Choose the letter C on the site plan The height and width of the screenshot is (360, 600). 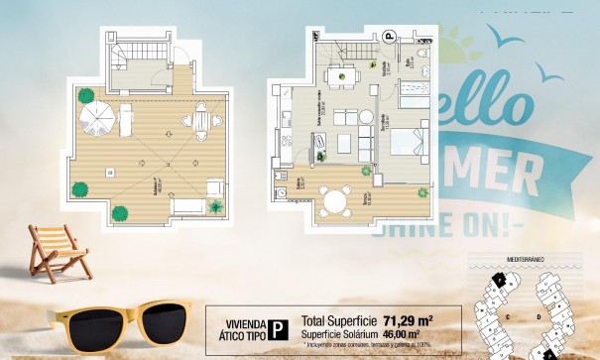(508, 316)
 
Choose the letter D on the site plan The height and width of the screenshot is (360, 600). (537, 317)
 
